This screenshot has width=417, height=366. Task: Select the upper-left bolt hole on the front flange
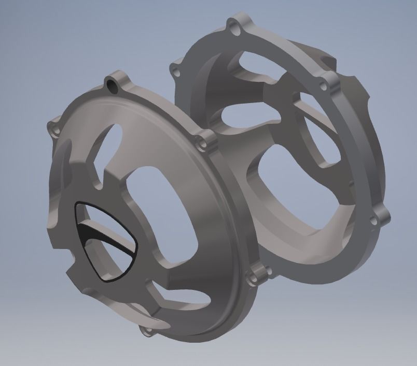pyautogui.click(x=52, y=126)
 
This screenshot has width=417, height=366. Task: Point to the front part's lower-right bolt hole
pyautogui.click(x=255, y=277)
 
